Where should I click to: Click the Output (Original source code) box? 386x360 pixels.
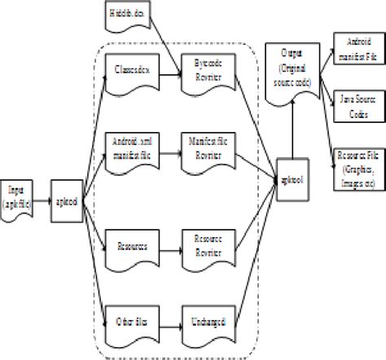[x=292, y=72]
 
